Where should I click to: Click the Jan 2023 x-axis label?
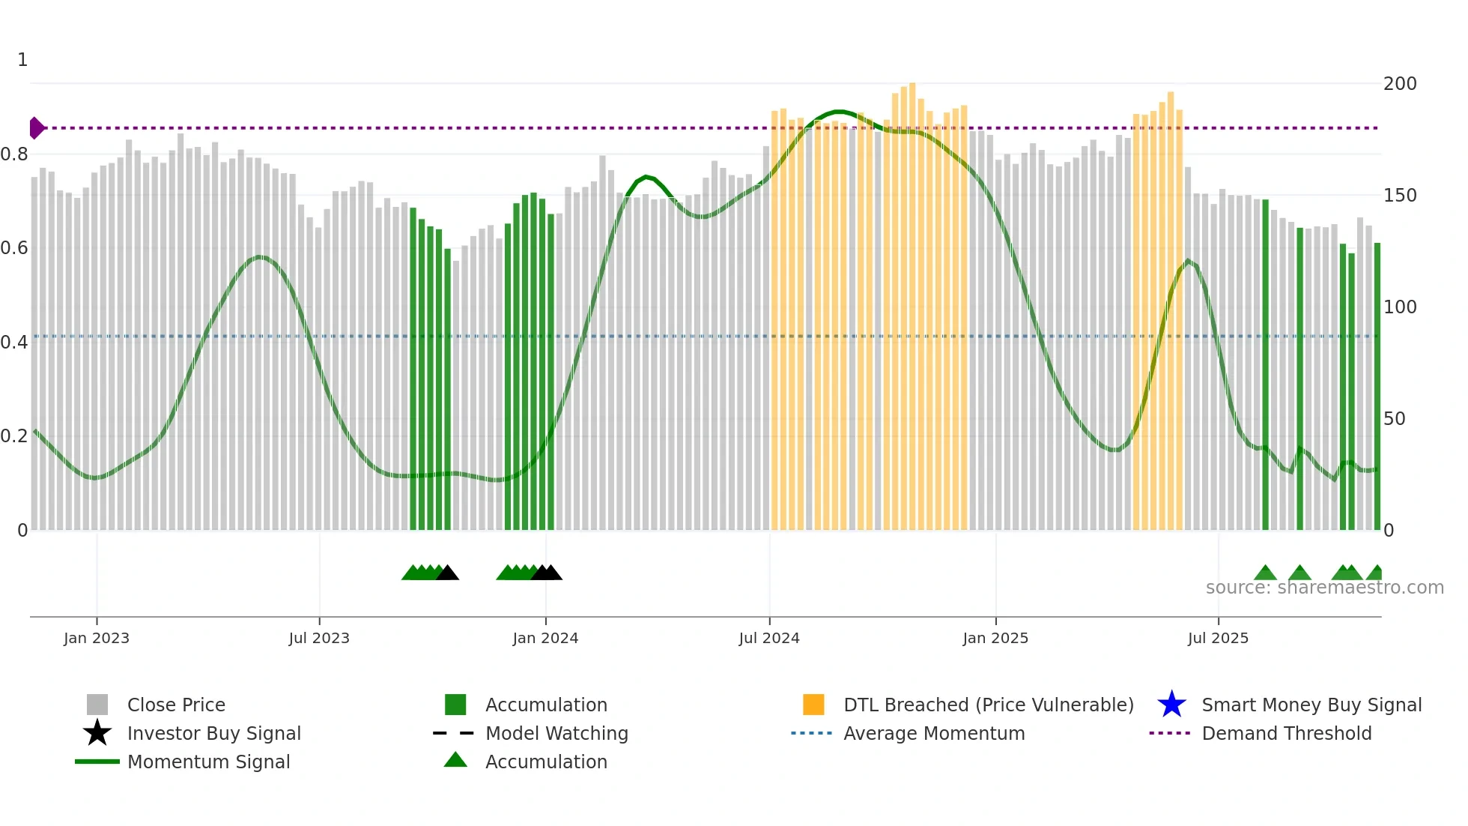[97, 638]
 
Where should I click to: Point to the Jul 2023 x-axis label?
[319, 638]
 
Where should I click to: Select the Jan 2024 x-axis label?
[545, 638]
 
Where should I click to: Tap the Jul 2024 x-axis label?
[769, 638]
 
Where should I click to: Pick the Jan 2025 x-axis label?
[995, 638]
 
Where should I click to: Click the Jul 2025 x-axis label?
[1218, 638]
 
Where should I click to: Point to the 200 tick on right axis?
[1400, 83]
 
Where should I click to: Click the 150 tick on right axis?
[1400, 195]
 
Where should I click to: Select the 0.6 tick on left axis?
[14, 247]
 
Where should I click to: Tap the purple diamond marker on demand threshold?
[36, 128]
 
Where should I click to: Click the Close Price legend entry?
[176, 705]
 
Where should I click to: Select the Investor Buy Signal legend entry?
[213, 733]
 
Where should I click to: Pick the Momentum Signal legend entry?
[208, 762]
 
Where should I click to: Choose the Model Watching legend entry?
[556, 733]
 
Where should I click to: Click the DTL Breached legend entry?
[988, 705]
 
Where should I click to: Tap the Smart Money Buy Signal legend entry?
[1311, 705]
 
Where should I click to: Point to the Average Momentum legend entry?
[934, 733]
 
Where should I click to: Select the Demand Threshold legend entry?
[1286, 733]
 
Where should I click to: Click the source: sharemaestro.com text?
[1324, 588]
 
